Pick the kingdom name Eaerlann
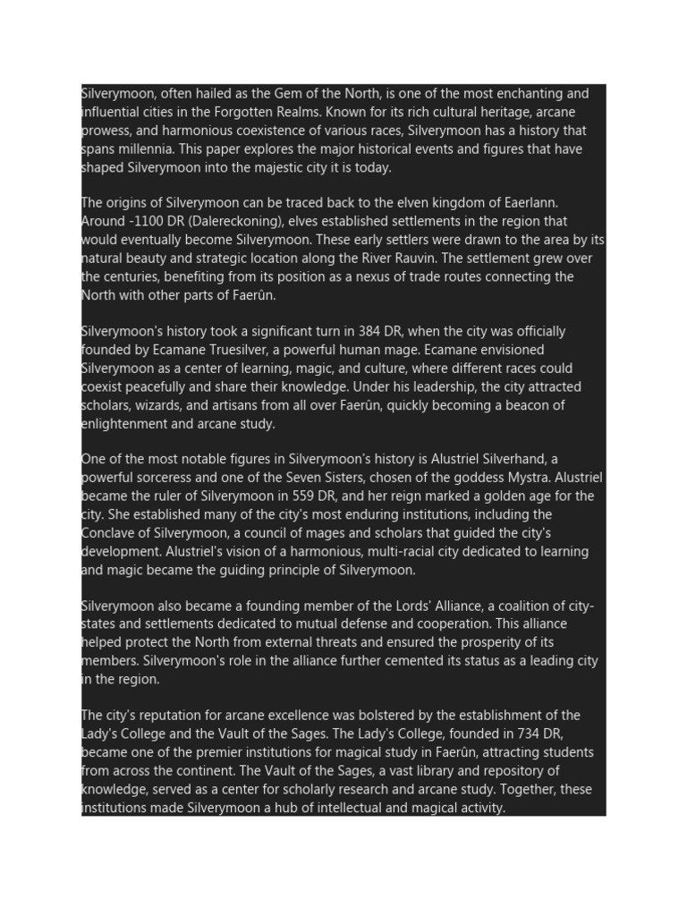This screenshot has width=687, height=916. pos(530,202)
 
